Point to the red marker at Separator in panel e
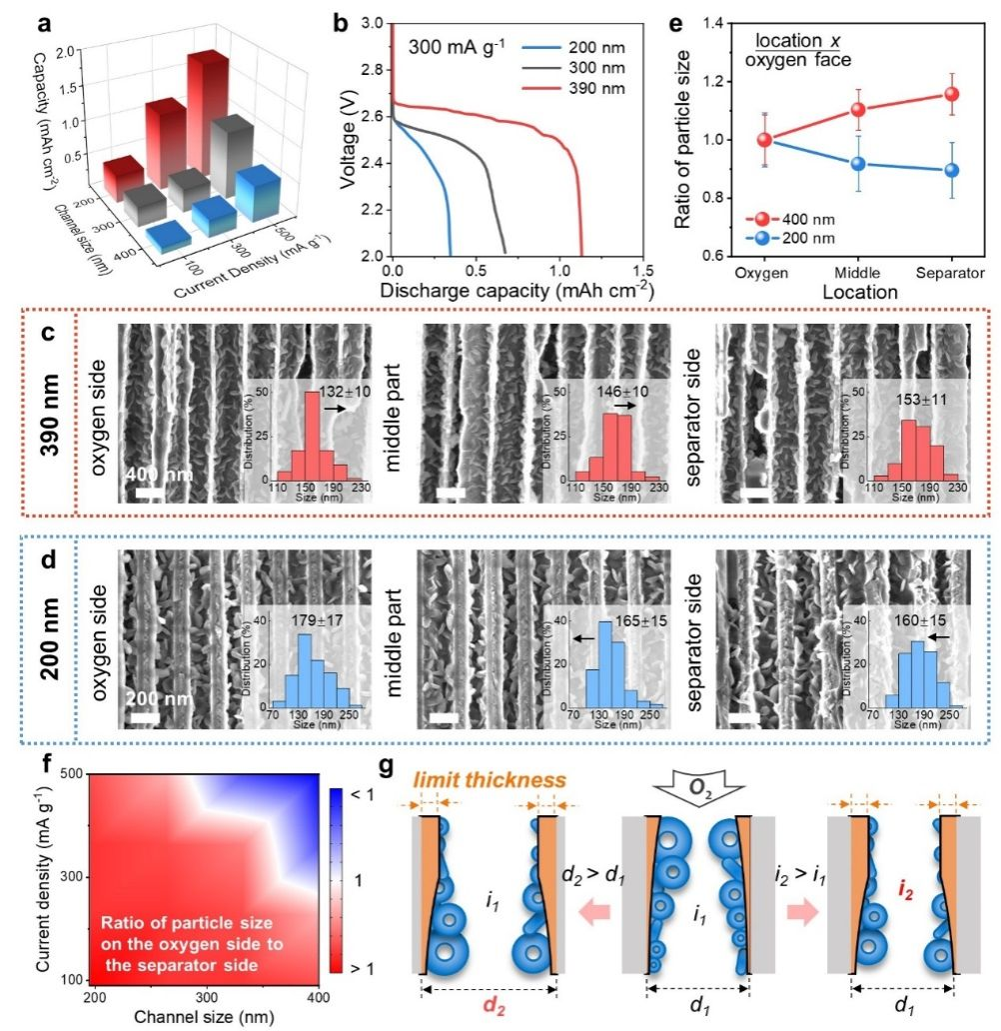pyautogui.click(x=952, y=95)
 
